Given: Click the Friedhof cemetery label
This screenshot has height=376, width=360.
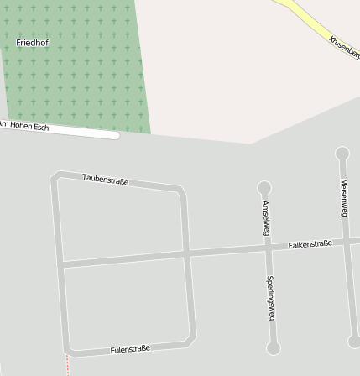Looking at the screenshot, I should coord(32,42).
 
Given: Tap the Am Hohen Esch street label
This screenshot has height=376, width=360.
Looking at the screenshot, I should coord(23,125).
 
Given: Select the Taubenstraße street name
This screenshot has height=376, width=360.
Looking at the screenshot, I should coord(106,180).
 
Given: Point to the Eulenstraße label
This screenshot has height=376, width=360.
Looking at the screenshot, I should coord(130,348).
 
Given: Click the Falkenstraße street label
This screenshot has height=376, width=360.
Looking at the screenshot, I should coord(310,244).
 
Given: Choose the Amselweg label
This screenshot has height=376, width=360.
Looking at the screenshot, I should coord(266,218).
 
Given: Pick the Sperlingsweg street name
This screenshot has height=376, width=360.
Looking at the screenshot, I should coord(270,297).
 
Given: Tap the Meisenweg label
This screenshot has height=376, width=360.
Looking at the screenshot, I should coord(344,198).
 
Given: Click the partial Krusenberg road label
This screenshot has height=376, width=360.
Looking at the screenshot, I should coord(344,47).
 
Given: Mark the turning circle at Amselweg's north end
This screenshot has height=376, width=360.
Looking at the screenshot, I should coord(264,188).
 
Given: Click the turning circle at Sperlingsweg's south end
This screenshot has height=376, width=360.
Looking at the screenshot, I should coord(273,347).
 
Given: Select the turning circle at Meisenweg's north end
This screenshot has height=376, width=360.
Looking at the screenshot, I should coord(342,154).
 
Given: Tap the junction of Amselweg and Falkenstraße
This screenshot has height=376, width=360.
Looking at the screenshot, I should coord(268,248).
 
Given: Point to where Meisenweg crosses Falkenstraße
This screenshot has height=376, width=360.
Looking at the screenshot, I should coord(347,242).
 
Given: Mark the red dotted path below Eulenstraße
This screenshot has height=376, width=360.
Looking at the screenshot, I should coord(68,364).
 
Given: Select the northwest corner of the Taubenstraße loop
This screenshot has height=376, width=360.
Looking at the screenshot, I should coord(55,176).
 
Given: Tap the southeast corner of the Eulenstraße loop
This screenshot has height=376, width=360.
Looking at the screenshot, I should coord(192,338).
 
